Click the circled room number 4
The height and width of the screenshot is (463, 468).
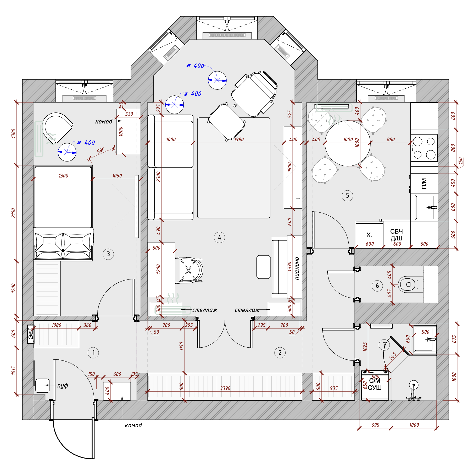(219, 238)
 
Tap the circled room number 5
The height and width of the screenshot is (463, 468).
(347, 196)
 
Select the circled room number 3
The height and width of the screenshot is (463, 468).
(108, 254)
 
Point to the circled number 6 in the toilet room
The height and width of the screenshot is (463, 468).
(377, 286)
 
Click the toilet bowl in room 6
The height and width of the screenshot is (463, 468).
(407, 284)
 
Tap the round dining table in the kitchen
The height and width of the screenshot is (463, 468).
(348, 143)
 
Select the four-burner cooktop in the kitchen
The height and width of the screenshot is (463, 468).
(424, 148)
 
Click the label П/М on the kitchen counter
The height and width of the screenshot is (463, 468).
(424, 184)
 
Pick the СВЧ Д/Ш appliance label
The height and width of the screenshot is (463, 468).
(397, 235)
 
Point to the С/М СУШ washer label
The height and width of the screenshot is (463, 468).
(375, 384)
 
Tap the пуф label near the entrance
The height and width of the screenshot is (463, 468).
(63, 385)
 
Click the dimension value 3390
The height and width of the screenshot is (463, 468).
(225, 388)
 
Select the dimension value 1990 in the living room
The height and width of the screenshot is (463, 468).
(239, 139)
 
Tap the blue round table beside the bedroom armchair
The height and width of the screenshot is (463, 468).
(67, 152)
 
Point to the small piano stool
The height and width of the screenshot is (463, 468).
(263, 267)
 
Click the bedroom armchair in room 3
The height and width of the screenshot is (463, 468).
(56, 127)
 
